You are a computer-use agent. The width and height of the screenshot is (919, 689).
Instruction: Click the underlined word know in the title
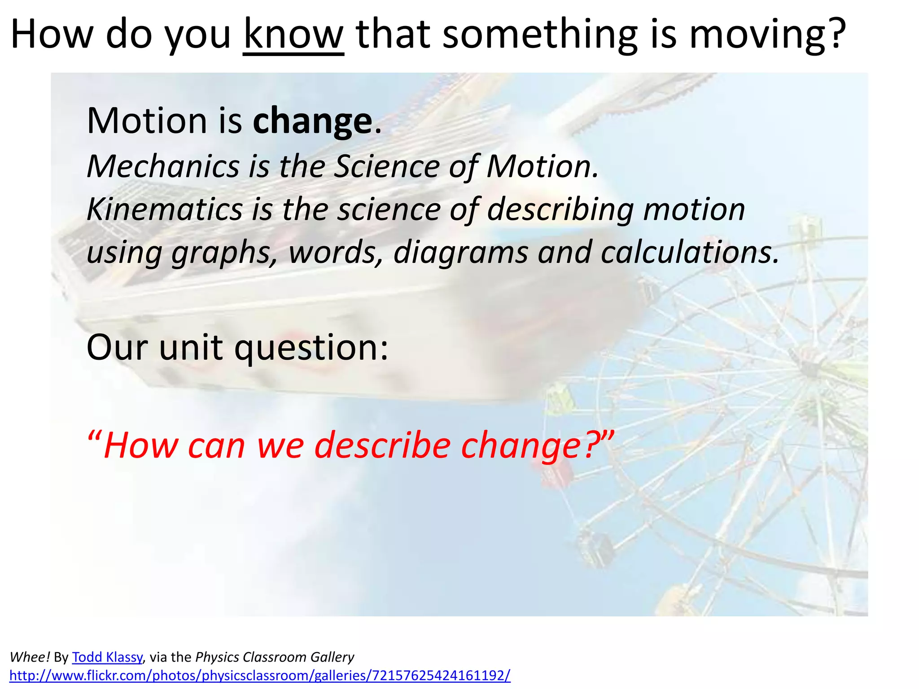[x=293, y=35]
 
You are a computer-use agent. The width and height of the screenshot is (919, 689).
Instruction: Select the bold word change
[x=312, y=121]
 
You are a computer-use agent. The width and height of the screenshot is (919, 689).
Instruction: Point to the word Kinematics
[x=165, y=209]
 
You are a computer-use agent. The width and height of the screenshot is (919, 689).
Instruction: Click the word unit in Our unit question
[x=191, y=347]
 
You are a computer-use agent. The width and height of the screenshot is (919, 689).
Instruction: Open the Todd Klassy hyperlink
[x=107, y=657]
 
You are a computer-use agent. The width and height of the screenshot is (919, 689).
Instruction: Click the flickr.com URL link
[x=260, y=676]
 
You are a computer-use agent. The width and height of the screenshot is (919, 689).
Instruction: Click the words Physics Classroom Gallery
[x=275, y=657]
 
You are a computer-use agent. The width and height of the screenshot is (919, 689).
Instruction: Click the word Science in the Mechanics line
[x=387, y=166]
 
